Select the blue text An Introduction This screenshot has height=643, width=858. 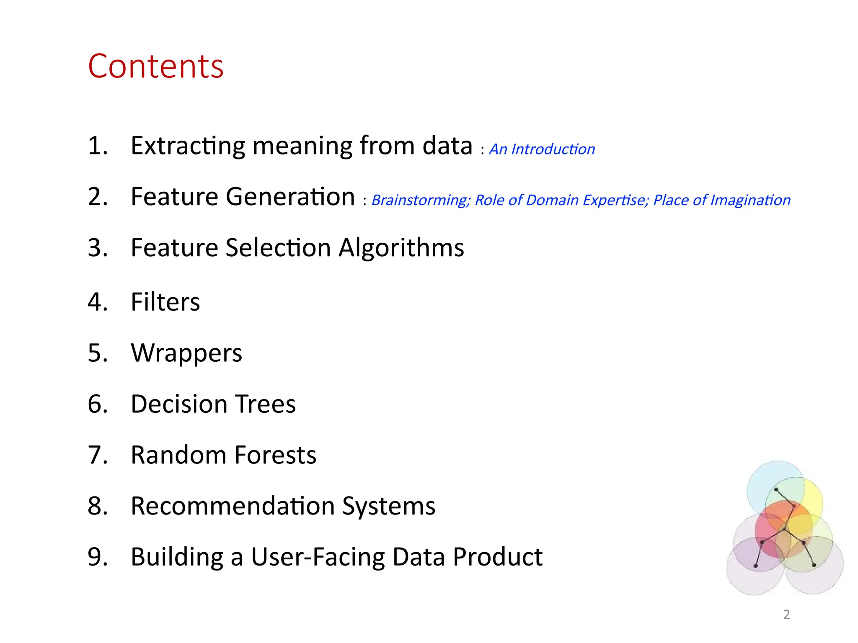click(x=542, y=149)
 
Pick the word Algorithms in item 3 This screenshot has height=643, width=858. click(x=401, y=247)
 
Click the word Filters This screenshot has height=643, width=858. click(x=165, y=302)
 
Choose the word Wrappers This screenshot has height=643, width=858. click(x=186, y=353)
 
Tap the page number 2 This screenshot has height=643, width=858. click(x=786, y=614)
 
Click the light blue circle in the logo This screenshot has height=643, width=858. click(x=760, y=481)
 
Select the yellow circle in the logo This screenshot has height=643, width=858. click(x=813, y=498)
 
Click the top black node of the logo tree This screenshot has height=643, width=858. click(x=776, y=489)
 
